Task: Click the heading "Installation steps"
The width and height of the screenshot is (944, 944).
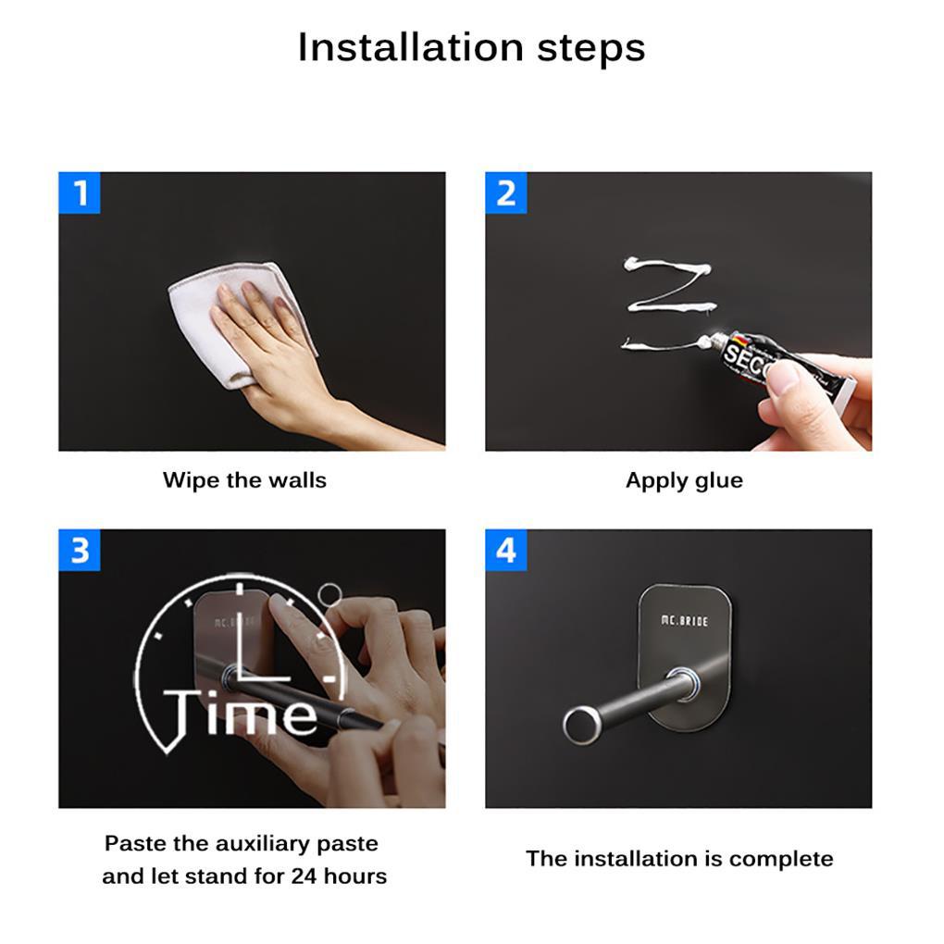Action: tap(471, 47)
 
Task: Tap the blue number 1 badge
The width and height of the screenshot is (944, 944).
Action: tap(80, 193)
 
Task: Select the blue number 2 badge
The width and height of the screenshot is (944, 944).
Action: tap(505, 193)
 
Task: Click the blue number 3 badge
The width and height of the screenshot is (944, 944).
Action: tap(80, 551)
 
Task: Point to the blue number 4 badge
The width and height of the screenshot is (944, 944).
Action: tap(505, 551)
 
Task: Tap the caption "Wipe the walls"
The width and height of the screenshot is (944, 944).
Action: tap(244, 480)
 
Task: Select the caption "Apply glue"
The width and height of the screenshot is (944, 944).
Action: tap(684, 480)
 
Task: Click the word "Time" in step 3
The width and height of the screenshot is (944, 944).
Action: tap(240, 714)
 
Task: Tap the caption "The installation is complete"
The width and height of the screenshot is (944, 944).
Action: tap(679, 859)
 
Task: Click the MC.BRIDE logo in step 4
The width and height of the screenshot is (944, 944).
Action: tap(685, 621)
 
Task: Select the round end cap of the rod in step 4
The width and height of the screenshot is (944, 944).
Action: tap(581, 725)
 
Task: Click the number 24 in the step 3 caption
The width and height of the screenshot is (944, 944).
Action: tap(304, 876)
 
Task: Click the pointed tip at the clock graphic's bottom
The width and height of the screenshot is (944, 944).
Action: tap(168, 751)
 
